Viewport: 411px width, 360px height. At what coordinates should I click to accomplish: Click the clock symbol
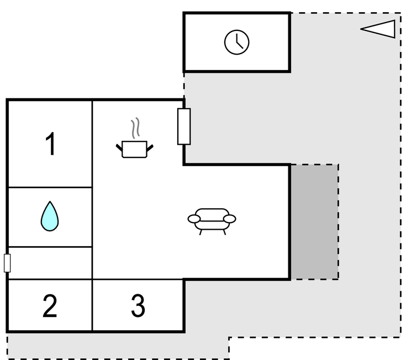point(236,42)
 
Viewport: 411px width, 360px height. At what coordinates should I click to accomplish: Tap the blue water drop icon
point(49,216)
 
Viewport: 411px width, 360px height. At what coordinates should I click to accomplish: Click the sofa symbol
point(212,220)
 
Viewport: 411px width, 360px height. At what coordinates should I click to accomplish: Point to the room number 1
point(50,145)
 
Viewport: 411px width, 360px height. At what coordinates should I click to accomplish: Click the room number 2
point(50,306)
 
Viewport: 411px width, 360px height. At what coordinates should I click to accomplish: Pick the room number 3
point(138,306)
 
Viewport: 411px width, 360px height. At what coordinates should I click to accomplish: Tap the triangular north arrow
point(380,29)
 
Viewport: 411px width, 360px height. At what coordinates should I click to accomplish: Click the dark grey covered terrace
point(314,221)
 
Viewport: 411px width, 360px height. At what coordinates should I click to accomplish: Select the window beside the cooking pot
point(184,126)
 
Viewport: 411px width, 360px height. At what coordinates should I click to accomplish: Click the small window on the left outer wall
point(7,263)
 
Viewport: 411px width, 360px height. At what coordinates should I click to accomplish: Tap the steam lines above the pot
point(135,129)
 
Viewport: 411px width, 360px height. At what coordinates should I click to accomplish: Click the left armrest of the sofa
point(194,219)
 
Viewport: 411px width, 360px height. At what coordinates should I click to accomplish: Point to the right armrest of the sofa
point(229,219)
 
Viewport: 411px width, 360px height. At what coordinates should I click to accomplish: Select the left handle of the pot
point(119,147)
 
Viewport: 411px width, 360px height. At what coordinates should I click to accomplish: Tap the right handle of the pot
point(150,147)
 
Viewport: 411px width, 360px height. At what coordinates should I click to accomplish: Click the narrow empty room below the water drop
point(50,263)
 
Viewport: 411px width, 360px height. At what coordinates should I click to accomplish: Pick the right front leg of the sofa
point(224,231)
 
